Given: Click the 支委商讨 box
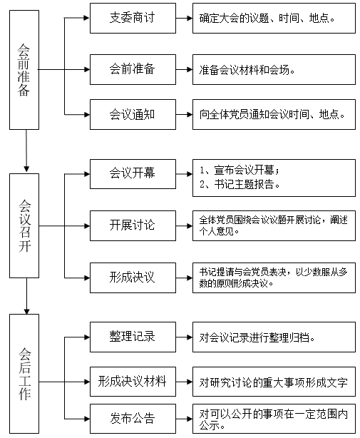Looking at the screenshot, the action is pos(133,18).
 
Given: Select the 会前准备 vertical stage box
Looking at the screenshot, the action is pos(24,70).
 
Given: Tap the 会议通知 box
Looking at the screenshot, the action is pos(133,114).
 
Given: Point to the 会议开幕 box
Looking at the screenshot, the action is pos(133,174).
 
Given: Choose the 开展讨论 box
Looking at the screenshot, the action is pos(133,225).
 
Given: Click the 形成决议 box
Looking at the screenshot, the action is pos(133,277).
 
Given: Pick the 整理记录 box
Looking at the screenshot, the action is pos(133,337).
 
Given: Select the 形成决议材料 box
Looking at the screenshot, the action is pos(133,382).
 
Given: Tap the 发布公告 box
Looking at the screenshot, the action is pos(133,419).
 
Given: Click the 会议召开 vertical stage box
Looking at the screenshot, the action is pos(24,225).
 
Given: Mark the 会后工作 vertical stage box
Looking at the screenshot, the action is pos(24,374).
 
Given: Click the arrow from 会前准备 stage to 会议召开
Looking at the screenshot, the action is pos(26,151).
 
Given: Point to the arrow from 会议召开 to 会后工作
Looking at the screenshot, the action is pos(27,296).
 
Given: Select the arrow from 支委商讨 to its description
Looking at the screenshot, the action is pos(184,18).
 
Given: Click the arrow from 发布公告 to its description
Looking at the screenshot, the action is pos(184,419).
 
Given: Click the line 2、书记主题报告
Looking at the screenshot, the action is pos(240,184).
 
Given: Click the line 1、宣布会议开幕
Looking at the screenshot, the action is pos(240,170).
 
